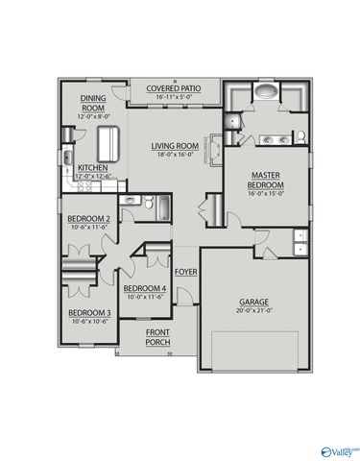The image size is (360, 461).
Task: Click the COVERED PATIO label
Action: (172, 88)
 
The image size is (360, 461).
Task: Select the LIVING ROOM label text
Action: (174, 146)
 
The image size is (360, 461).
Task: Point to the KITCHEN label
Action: (92, 167)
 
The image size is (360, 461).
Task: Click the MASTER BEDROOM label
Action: (264, 181)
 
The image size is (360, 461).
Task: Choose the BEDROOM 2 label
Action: (89, 219)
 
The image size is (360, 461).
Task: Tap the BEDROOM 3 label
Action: (89, 313)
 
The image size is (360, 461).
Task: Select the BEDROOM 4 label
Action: (145, 288)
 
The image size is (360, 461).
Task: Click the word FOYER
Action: (185, 272)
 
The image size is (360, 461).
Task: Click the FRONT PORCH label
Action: (157, 337)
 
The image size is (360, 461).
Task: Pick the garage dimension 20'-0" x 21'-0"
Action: (254, 311)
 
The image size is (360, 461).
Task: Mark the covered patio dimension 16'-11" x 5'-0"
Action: (170, 97)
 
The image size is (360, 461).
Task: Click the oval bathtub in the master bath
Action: (266, 94)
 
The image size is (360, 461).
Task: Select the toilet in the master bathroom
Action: (301, 135)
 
